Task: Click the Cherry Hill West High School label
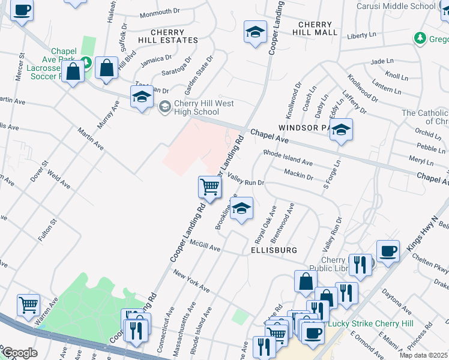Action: click(x=196, y=107)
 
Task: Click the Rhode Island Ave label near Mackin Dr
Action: click(x=288, y=158)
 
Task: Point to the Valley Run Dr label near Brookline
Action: click(x=246, y=179)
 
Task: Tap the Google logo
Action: click(x=20, y=353)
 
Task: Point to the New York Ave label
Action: click(x=191, y=281)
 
